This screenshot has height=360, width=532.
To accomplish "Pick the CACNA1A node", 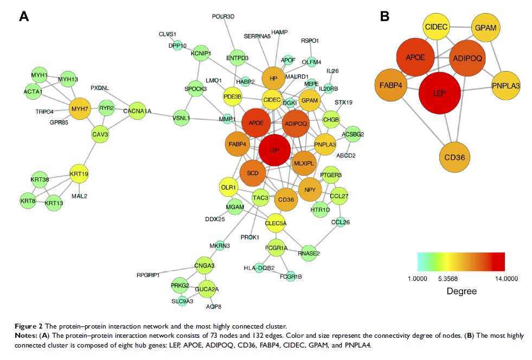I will tap(137, 111).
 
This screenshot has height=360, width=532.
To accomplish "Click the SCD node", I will tap(253, 172).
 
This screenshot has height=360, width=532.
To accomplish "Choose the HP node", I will tap(273, 78).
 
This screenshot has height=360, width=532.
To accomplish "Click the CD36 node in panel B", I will tap(454, 158).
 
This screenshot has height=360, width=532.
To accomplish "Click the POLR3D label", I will tap(223, 17).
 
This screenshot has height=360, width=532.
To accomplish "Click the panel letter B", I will tap(384, 17).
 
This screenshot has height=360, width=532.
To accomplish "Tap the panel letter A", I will tap(24, 17).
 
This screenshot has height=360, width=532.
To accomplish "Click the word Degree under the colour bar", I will tap(462, 291).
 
